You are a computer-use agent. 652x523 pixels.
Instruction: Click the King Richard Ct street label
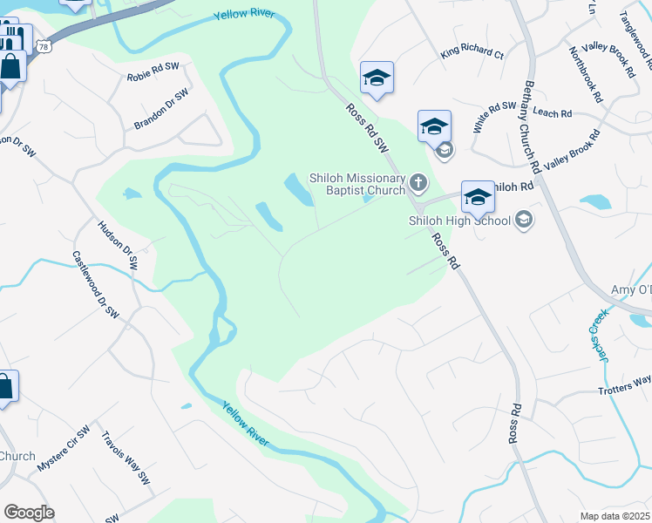pyautogui.click(x=472, y=53)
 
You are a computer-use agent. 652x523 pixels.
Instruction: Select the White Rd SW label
pyautogui.click(x=495, y=117)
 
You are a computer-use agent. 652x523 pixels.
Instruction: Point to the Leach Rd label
pyautogui.click(x=552, y=113)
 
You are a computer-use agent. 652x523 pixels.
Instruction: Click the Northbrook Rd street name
pyautogui.click(x=585, y=75)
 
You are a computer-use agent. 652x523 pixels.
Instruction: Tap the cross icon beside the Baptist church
pyautogui.click(x=418, y=183)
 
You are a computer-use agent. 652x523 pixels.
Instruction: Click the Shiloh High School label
pyautogui.click(x=459, y=221)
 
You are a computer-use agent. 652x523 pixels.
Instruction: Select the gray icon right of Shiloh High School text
pyautogui.click(x=524, y=219)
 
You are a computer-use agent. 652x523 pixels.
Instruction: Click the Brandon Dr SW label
pyautogui.click(x=161, y=110)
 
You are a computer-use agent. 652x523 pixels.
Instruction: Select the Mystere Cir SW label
pyautogui.click(x=64, y=450)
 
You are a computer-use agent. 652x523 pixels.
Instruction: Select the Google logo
pyautogui.click(x=29, y=513)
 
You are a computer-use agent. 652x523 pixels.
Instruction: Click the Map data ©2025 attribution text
pyautogui.click(x=614, y=516)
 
